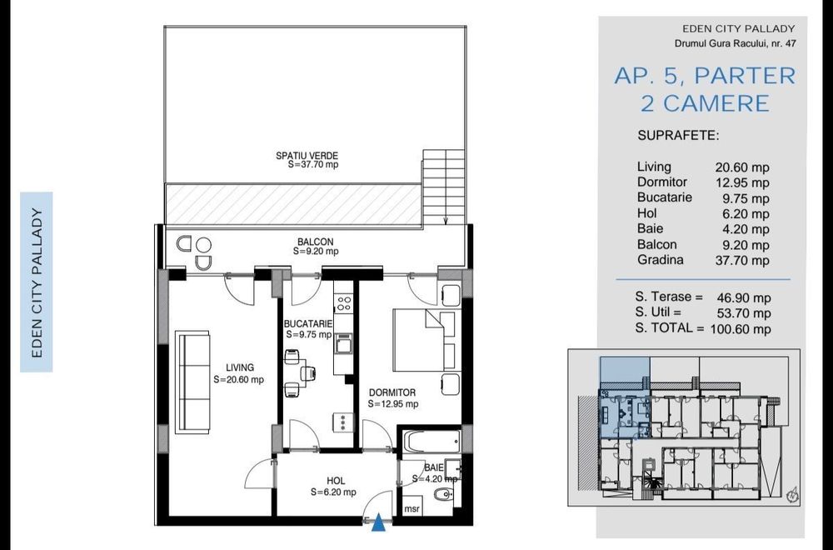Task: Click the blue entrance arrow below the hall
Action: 377,522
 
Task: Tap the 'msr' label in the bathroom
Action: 412,508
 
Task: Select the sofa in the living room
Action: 192,383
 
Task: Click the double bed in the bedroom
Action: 424,340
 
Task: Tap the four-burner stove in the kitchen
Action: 343,303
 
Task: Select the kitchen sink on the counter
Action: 343,344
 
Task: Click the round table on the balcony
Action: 203,245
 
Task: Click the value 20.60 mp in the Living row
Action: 742,168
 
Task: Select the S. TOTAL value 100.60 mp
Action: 741,329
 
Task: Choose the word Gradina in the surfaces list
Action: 661,260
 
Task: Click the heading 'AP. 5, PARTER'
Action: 705,76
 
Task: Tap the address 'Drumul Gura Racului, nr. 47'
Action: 736,43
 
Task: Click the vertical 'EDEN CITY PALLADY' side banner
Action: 37,282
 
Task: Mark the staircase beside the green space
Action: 444,187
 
